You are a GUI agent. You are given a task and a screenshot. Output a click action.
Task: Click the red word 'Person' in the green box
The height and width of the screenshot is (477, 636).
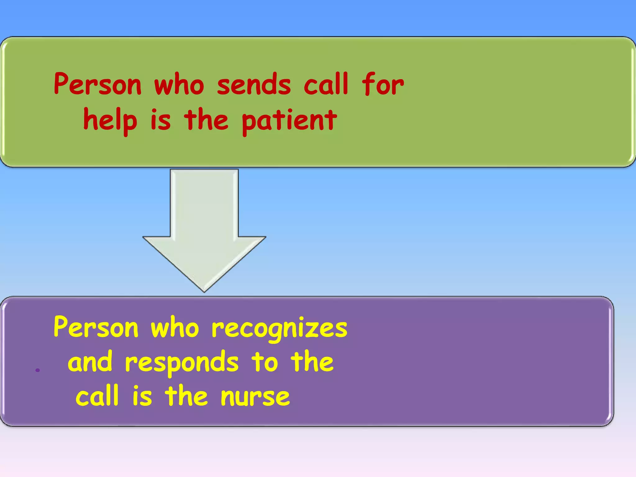tap(98, 84)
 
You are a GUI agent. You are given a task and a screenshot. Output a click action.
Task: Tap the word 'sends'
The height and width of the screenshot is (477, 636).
tap(254, 84)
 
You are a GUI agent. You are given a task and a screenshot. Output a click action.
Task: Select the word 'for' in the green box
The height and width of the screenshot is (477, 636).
tap(383, 84)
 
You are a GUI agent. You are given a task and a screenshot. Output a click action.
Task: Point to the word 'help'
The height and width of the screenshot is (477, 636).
tap(110, 121)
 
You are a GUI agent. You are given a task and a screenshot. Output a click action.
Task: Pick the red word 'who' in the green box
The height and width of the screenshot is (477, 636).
tap(179, 84)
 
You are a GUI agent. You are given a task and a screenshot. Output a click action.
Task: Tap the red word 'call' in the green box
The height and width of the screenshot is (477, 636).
tap(326, 84)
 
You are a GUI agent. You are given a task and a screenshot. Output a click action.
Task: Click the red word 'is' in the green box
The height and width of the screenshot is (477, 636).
tap(161, 121)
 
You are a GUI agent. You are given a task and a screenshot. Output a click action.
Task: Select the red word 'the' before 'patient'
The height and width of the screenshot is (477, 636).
tap(206, 120)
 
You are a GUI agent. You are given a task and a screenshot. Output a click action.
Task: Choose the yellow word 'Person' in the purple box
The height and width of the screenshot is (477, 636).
tap(96, 327)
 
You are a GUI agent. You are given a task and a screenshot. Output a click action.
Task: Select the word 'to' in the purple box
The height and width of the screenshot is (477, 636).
tap(265, 362)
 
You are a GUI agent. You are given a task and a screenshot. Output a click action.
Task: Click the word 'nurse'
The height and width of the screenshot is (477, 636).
tap(255, 397)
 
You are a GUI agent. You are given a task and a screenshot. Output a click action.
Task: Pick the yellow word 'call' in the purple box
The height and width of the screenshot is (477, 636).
tap(97, 396)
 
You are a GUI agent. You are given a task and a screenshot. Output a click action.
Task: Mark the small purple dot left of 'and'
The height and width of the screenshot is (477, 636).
tap(38, 370)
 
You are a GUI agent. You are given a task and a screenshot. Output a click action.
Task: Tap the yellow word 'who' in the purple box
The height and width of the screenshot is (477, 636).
tap(175, 327)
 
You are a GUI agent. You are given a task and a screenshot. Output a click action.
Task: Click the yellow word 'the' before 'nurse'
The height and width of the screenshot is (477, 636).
tap(186, 396)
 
